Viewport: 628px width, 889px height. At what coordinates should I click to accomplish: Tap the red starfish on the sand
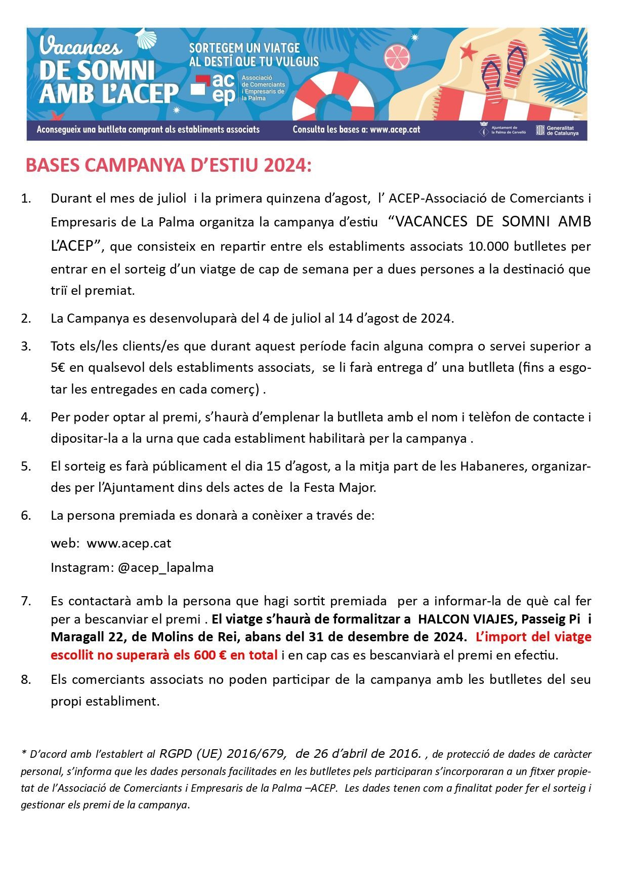[469, 52]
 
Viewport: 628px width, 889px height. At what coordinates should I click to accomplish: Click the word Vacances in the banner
[80, 47]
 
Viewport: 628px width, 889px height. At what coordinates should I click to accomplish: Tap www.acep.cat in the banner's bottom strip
[395, 129]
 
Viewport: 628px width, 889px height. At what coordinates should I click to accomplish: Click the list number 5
[26, 466]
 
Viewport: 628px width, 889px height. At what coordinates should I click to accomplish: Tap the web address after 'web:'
[129, 544]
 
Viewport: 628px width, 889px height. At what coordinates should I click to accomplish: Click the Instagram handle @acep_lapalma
[165, 567]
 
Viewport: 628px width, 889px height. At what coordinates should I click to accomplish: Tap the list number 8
[26, 679]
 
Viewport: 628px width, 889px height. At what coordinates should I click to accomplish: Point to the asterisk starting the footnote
[23, 753]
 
